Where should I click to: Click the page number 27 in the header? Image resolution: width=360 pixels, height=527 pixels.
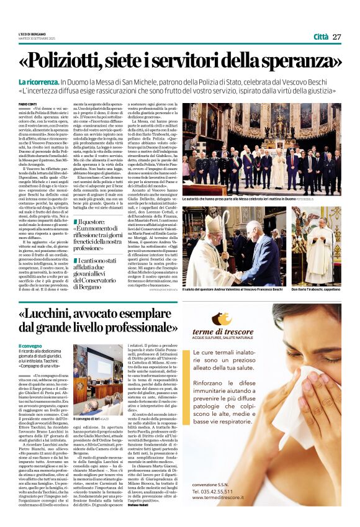coord(336,37)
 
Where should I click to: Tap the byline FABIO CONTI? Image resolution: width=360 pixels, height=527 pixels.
coord(27,104)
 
